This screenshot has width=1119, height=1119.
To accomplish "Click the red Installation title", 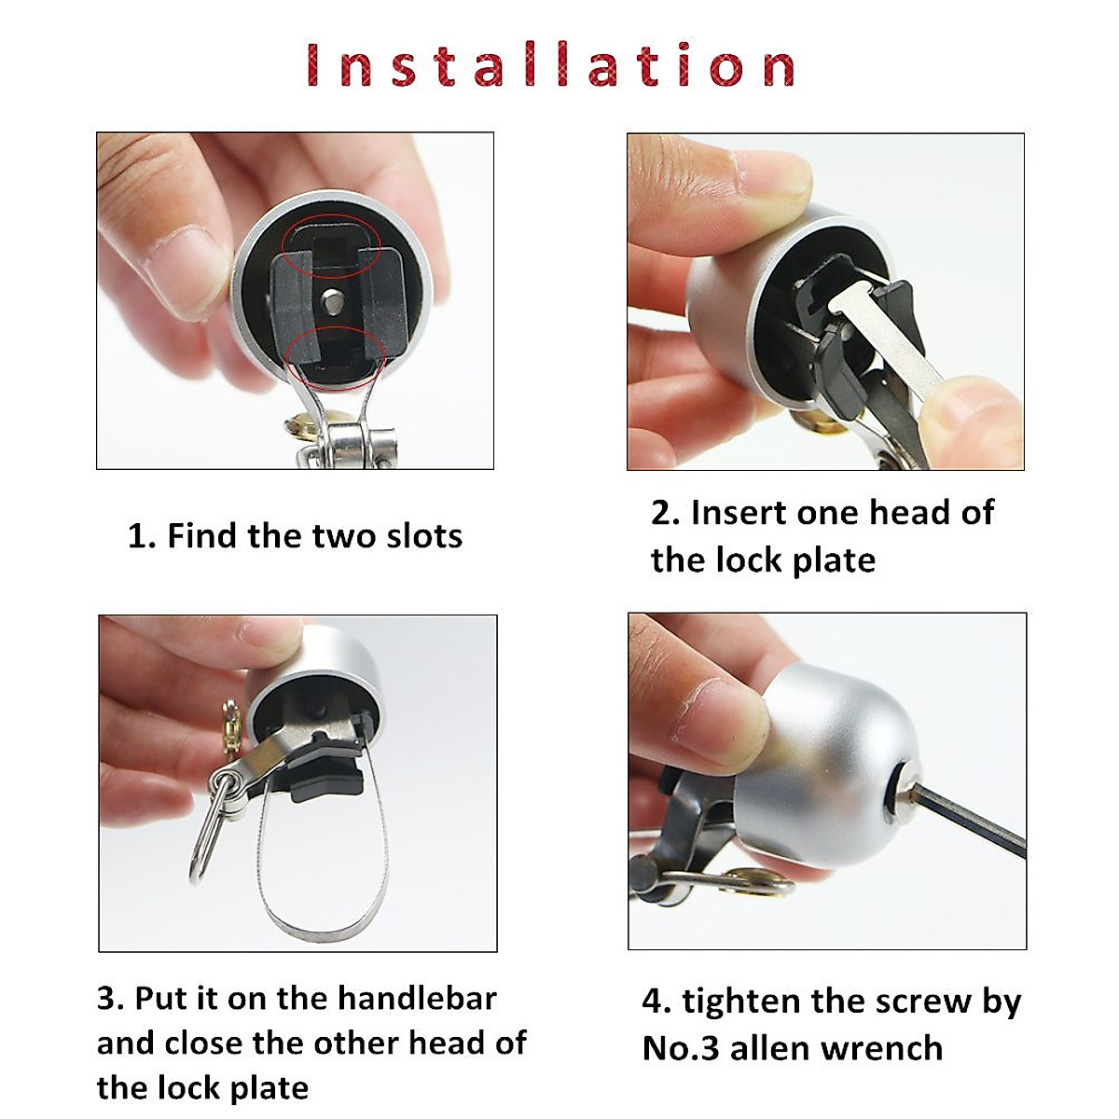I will point(550,65).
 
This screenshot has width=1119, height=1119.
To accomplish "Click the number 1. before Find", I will point(142,537).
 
